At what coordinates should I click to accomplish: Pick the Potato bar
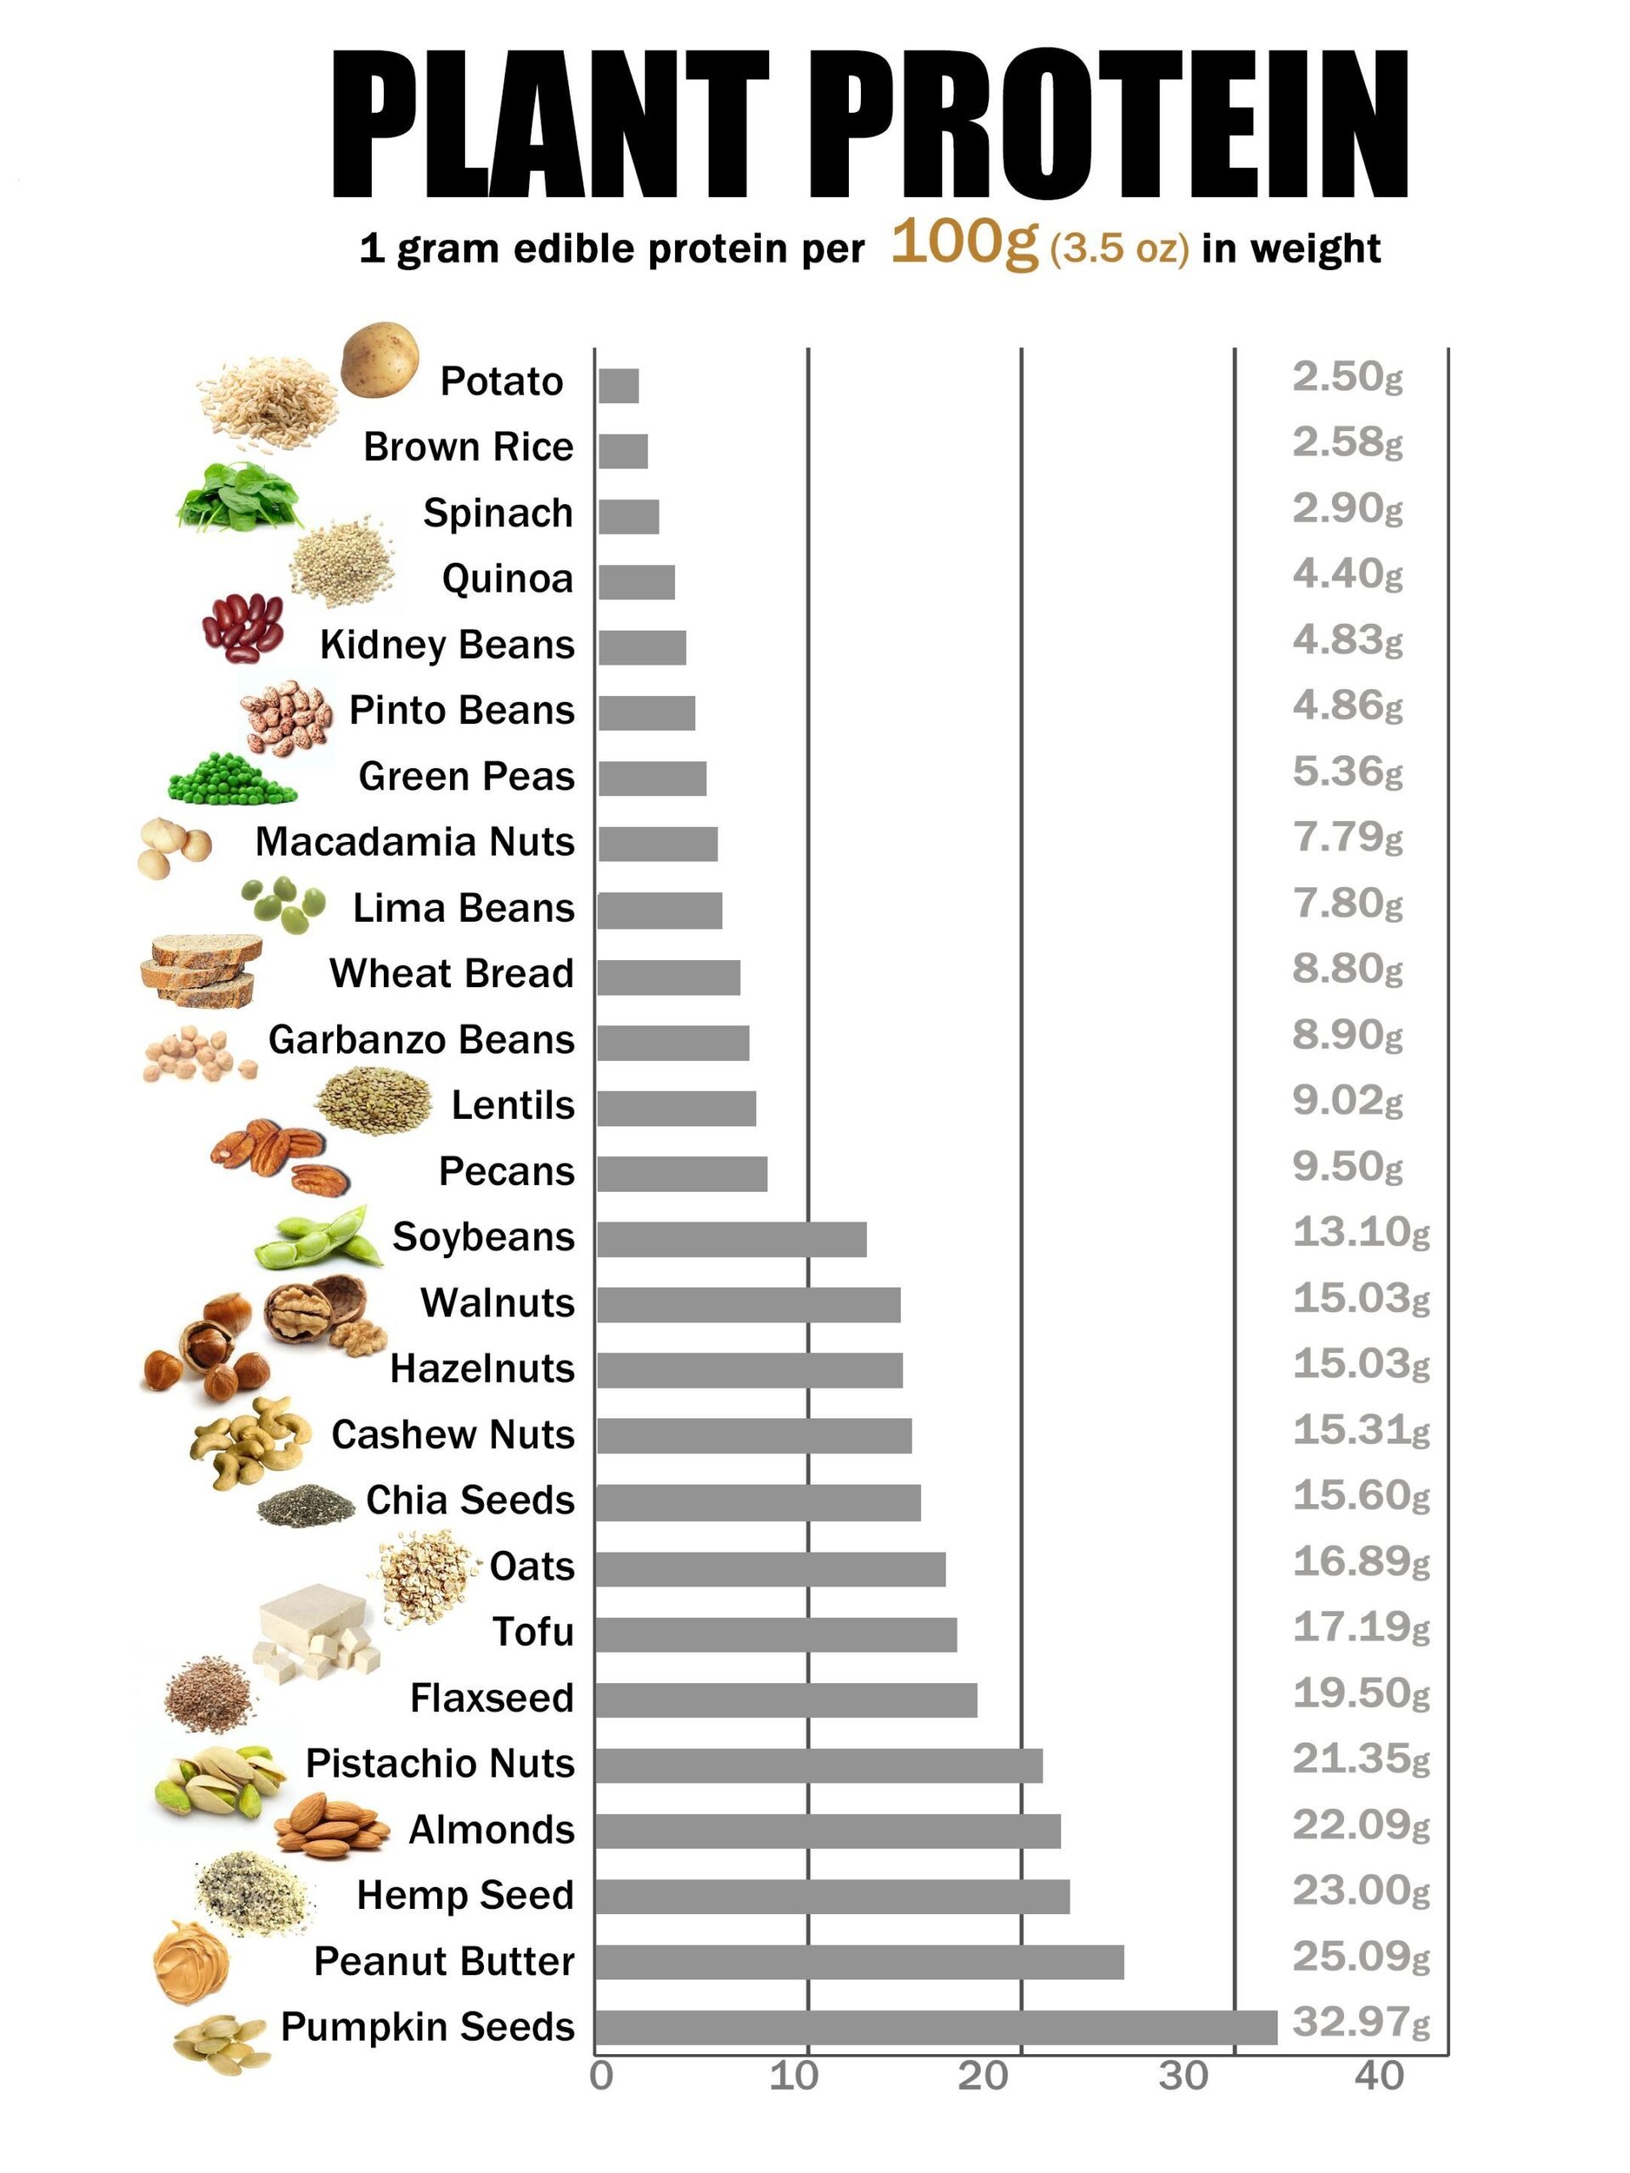point(618,385)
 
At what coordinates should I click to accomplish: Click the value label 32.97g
point(1360,2022)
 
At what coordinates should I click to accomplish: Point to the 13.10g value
point(1360,1232)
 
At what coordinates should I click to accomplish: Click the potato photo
point(379,360)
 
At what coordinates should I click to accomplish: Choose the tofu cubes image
point(314,1630)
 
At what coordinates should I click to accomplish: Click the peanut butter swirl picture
point(191,1961)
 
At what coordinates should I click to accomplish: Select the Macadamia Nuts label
point(413,842)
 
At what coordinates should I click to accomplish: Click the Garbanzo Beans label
point(420,1039)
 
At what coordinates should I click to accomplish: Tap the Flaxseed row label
point(492,1698)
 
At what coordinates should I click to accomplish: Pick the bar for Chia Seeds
point(757,1502)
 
